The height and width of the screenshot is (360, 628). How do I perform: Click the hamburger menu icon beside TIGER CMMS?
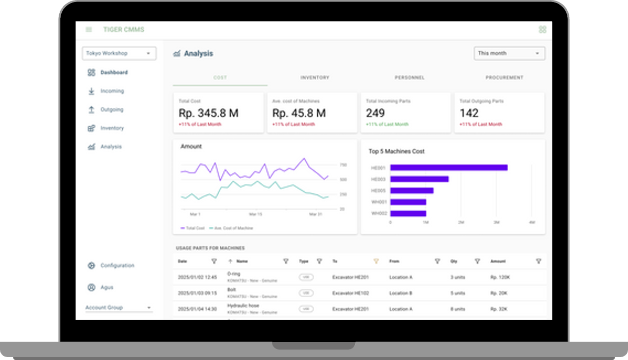point(89,30)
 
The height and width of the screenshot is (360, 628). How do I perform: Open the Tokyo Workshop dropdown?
point(119,53)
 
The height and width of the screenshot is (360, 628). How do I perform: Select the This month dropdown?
point(509,53)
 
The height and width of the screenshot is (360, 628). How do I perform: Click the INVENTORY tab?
point(315,78)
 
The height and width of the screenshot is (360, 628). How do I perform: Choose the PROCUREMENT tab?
point(505,78)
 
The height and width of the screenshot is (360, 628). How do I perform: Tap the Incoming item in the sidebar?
point(112,91)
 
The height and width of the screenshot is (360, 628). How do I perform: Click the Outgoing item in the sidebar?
point(112,109)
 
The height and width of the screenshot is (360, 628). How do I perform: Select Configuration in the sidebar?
point(117,266)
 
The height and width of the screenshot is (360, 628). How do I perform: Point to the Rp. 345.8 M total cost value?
point(208,113)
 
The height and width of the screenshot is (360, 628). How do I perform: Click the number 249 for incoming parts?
point(375,113)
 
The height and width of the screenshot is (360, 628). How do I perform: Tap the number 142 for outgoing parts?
point(469,113)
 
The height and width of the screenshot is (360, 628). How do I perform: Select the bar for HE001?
point(449,168)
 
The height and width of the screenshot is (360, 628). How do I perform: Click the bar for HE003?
point(419,179)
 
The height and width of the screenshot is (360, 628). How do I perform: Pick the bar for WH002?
point(408,214)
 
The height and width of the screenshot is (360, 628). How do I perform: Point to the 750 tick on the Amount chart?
point(343,165)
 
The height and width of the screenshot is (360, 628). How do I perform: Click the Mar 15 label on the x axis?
point(255,214)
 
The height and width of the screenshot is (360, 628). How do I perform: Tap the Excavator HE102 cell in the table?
point(350,293)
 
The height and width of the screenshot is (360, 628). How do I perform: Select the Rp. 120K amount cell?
point(499,277)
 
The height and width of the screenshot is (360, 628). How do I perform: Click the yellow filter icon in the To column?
point(376,261)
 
